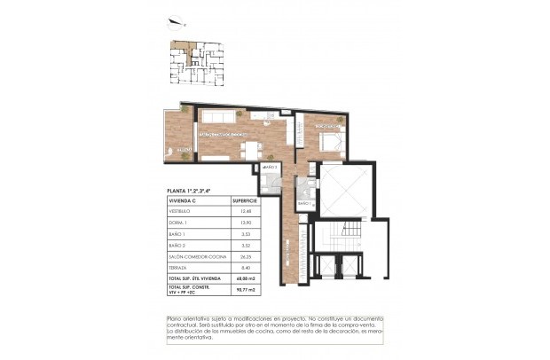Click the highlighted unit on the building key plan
coord(184,49)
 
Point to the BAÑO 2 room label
coord(271,167)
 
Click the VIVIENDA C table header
coord(183,200)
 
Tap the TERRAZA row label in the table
coord(179,267)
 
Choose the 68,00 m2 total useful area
coord(244,278)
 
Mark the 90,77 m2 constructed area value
coord(244,290)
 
